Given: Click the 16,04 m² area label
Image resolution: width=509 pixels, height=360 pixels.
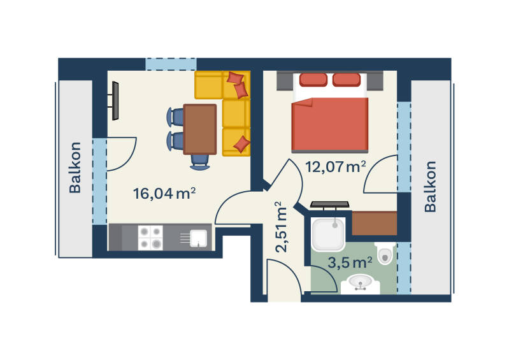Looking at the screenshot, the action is [x=164, y=194].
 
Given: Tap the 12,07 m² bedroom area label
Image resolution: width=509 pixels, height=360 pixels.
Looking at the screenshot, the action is [x=336, y=166].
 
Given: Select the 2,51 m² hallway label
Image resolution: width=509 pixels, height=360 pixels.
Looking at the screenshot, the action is [x=281, y=227].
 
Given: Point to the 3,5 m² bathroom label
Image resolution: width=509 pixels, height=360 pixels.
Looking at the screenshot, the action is [x=350, y=263].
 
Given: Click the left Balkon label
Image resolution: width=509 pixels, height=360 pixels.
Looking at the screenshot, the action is [x=75, y=168].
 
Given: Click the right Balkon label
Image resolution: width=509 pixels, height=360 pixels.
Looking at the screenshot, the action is [x=430, y=187].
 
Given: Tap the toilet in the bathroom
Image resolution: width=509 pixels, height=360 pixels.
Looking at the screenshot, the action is [x=385, y=253].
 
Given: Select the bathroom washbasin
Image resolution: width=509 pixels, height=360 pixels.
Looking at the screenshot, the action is [x=361, y=284].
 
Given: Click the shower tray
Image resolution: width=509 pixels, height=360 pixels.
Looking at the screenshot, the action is [x=328, y=234].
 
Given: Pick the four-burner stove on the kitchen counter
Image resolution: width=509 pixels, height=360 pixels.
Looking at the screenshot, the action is [x=150, y=238].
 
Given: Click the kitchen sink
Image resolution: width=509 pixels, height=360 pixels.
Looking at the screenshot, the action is [x=198, y=238].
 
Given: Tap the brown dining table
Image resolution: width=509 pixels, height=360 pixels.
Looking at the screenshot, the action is [x=199, y=129].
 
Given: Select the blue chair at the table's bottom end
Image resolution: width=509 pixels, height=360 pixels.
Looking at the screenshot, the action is [x=199, y=162].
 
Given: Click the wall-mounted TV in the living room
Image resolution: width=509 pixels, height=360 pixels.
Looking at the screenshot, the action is [x=115, y=101].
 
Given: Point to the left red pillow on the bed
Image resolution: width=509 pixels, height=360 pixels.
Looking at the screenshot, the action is [x=313, y=80].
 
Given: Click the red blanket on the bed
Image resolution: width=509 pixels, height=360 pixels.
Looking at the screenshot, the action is [x=330, y=125].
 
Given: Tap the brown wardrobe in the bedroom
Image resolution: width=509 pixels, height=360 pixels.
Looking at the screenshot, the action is [x=375, y=223].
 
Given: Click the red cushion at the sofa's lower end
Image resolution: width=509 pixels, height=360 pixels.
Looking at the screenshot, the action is [x=241, y=144].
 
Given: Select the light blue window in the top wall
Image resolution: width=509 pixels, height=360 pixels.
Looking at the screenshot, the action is [x=171, y=64].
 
